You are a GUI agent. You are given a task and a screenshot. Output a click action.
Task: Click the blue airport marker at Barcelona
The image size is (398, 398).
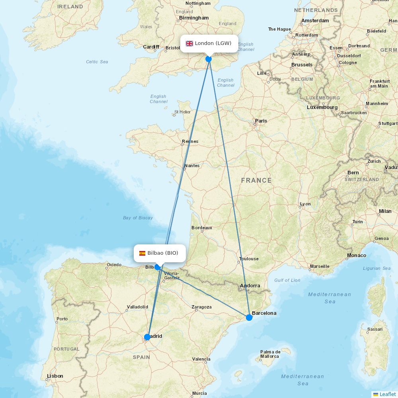click(x=249, y=317)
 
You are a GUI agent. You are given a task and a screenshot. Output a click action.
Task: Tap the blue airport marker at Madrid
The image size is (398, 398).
click(x=147, y=337)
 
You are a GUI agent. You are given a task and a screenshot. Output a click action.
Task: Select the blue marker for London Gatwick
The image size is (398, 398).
click(x=209, y=59)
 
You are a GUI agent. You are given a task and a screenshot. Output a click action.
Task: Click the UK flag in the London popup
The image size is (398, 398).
click(x=189, y=43)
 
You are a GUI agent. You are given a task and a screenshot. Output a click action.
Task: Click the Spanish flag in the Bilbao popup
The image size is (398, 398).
click(x=142, y=253)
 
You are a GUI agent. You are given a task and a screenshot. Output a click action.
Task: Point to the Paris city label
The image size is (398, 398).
click(x=261, y=121)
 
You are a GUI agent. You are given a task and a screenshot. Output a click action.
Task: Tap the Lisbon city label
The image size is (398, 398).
click(x=55, y=376)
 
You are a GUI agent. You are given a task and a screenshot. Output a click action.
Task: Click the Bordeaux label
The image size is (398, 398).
click(x=202, y=228)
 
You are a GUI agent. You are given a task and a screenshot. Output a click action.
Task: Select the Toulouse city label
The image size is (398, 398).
click(x=249, y=259)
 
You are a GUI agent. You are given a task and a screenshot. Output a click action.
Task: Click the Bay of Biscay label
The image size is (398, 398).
click(x=138, y=218)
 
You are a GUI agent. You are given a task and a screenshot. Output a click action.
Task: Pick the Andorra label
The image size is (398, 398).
click(x=250, y=286)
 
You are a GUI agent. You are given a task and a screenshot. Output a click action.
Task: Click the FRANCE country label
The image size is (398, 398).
click(x=256, y=181)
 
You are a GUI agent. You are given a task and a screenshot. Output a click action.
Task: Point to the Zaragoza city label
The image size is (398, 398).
click(x=201, y=307)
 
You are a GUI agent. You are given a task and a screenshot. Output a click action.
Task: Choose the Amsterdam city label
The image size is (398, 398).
click(x=315, y=21)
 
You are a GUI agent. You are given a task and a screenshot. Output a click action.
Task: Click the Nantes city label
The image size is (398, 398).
click(x=192, y=166)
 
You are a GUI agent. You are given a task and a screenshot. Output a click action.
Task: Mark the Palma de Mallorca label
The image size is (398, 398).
click(x=271, y=354)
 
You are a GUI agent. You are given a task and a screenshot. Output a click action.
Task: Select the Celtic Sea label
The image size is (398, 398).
click(x=97, y=62)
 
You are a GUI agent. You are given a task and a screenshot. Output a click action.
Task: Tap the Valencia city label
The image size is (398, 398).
click(x=201, y=359)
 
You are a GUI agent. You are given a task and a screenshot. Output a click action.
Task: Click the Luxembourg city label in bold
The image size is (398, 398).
click(x=322, y=107)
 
